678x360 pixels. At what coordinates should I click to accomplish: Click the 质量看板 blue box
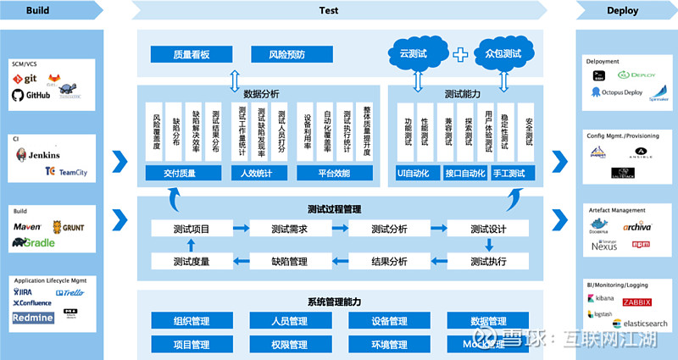coord(191,55)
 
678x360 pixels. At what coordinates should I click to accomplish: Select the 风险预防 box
coord(286,55)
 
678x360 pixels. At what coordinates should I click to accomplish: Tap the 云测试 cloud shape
coord(416,53)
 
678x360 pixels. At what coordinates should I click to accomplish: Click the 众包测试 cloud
coord(503,53)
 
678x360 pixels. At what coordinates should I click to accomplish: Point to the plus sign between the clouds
coord(460,54)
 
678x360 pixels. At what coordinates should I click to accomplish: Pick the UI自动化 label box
coord(413,173)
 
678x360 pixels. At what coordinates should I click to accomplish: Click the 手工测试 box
coord(508,173)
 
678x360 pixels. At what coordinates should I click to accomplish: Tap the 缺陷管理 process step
coord(289,261)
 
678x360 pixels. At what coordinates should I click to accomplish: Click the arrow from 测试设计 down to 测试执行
coord(488,245)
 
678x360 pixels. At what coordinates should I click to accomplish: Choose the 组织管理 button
coord(191,321)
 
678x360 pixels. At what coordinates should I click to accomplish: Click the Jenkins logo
coord(39,155)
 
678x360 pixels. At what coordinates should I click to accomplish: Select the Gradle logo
coord(34,242)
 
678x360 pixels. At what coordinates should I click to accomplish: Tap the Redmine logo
coord(33,318)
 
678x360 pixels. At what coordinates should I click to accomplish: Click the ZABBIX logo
coord(636,302)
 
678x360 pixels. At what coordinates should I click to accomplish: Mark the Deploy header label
coord(622,10)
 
